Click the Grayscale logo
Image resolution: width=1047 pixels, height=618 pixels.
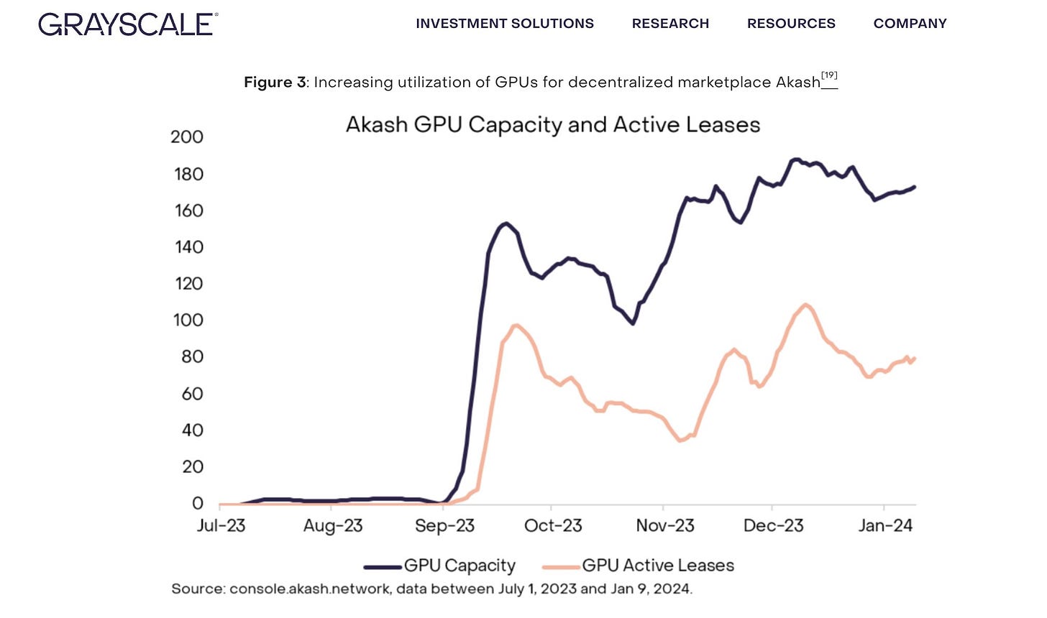point(128,24)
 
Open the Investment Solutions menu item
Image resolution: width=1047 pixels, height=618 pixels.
point(504,24)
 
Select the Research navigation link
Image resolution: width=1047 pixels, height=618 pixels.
point(670,24)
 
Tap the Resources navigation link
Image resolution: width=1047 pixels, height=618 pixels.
point(791,24)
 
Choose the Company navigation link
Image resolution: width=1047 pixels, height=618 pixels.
point(910,24)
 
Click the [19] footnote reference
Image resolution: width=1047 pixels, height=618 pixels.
point(829,76)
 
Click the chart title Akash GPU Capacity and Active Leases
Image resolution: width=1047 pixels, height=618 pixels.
point(552,124)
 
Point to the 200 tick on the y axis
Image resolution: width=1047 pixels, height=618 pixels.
point(187,137)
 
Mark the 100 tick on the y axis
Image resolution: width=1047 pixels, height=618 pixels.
point(188,320)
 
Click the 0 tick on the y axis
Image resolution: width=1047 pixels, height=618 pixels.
point(197,503)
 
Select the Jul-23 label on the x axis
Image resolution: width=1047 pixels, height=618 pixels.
point(221,525)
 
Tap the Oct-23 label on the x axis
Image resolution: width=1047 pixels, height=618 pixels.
point(553,525)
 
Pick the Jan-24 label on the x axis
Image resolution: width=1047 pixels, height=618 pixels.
point(885,525)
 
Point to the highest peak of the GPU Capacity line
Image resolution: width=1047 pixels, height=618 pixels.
point(795,160)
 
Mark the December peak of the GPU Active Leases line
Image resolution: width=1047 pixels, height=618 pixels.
point(805,305)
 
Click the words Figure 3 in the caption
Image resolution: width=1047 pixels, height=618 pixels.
point(275,83)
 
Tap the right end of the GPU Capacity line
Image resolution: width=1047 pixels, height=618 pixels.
point(914,187)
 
